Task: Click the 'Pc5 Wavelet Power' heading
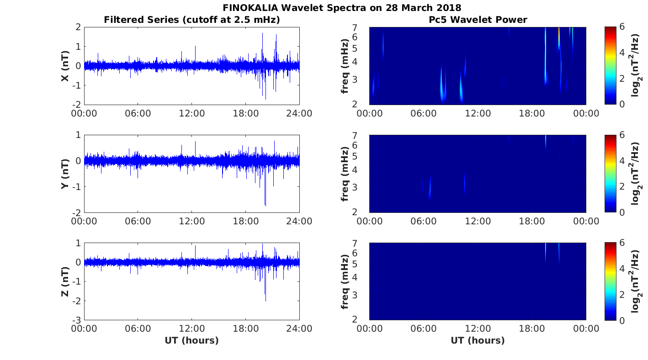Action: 478,20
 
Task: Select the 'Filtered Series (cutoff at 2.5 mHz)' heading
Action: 192,20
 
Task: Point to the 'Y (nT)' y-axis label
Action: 65,174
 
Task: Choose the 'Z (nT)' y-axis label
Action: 65,281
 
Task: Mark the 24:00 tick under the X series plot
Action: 299,113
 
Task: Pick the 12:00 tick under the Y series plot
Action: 191,221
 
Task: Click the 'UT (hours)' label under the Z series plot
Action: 191,340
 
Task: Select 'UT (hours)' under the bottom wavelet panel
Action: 478,340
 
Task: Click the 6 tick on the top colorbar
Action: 623,27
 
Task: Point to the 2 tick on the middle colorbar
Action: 623,187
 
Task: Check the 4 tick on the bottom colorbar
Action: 623,269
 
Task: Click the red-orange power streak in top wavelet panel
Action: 559,34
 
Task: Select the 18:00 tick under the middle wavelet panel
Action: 532,221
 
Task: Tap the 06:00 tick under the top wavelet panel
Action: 424,113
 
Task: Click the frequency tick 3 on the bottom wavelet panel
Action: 359,295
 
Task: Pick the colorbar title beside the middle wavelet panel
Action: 636,174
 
